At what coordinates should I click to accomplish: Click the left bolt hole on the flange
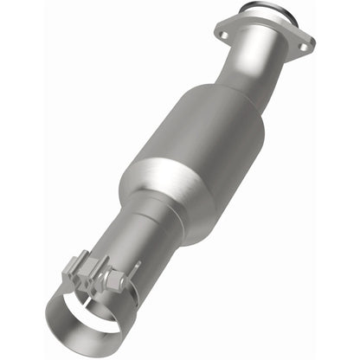pyautogui.click(x=223, y=34)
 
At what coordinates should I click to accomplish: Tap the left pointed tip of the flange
pyautogui.click(x=215, y=35)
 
